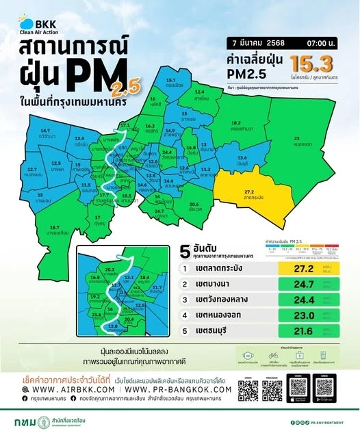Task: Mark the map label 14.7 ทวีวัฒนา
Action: coord(46,132)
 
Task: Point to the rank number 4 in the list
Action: coord(184,315)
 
